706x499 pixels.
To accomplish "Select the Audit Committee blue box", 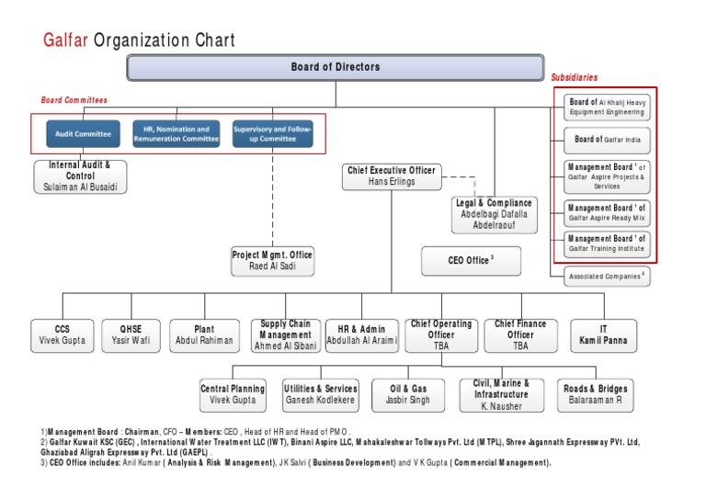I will [x=83, y=134].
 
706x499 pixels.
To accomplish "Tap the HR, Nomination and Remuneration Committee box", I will [x=176, y=134].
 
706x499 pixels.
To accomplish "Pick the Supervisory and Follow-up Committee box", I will [x=272, y=134].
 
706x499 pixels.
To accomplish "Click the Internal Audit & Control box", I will [x=81, y=176].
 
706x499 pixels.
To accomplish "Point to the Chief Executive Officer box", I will [x=392, y=176].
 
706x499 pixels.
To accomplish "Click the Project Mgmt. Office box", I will [x=272, y=261].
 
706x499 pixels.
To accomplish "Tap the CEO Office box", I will [x=471, y=261].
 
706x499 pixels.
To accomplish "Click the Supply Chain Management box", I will [x=285, y=335].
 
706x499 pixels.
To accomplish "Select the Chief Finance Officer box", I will [x=520, y=335].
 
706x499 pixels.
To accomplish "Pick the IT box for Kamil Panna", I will [x=603, y=335].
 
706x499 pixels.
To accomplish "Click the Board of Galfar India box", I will [x=606, y=140].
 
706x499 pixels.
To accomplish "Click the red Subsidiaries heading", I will [x=574, y=77].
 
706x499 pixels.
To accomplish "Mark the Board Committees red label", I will [x=74, y=99].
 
